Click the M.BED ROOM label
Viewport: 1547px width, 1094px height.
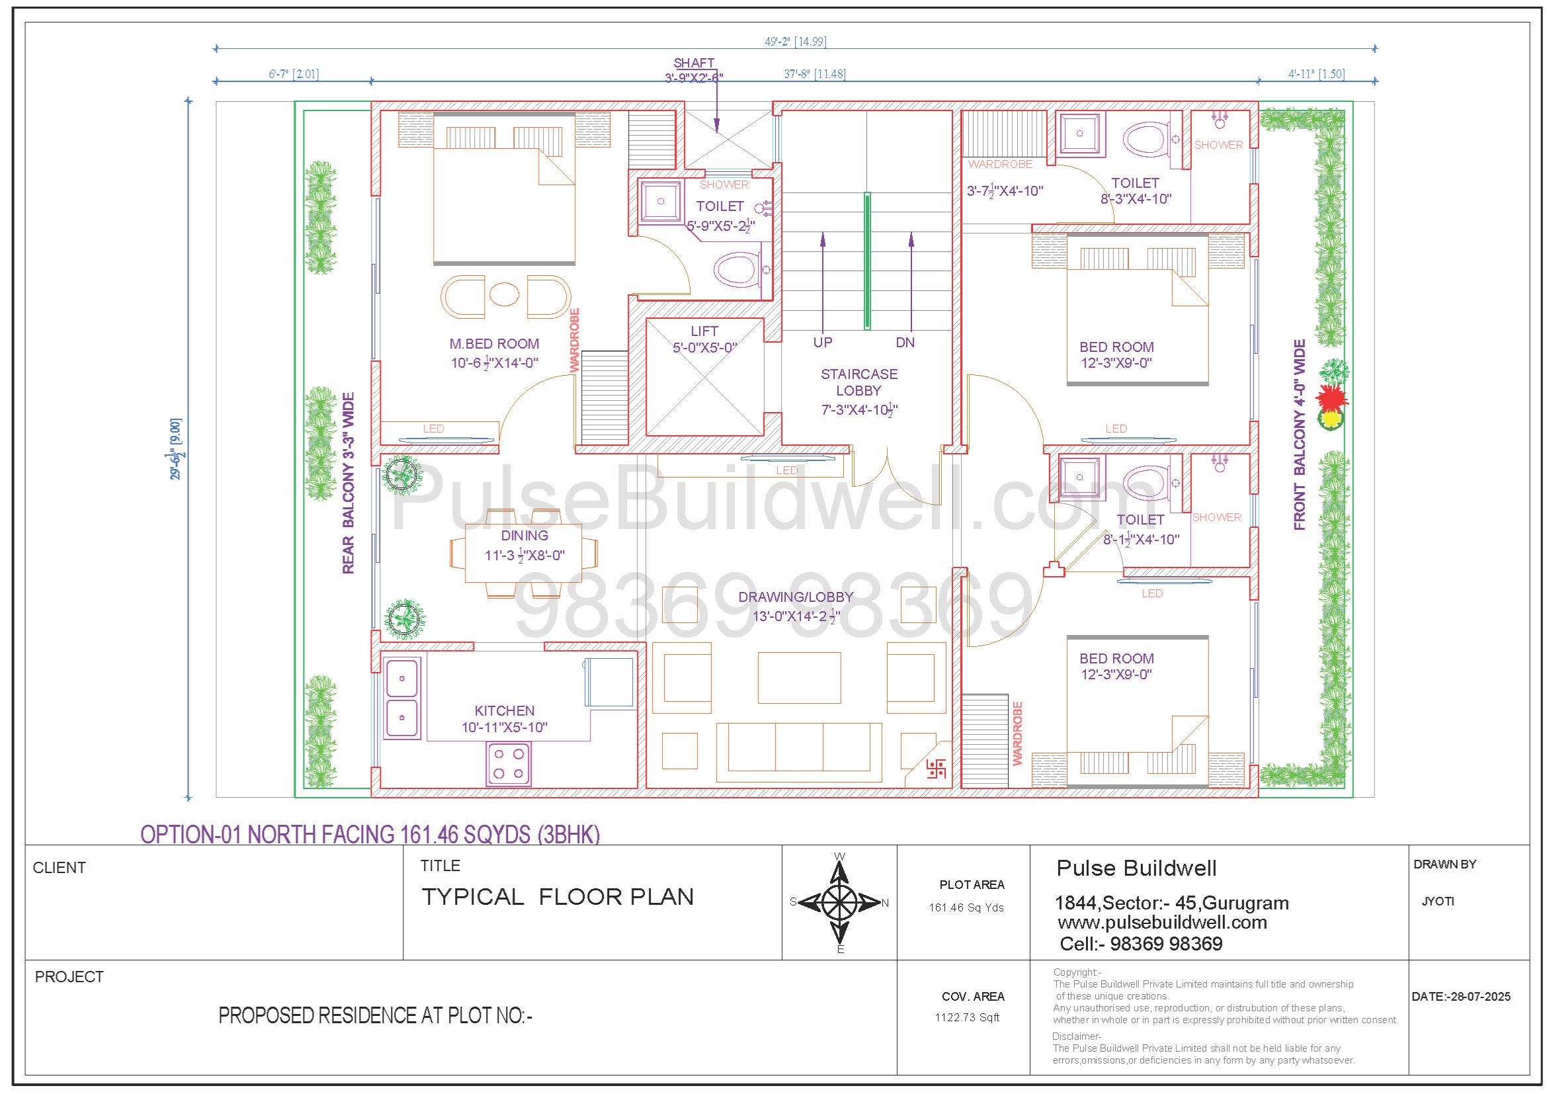(x=494, y=344)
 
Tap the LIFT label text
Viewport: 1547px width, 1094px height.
(x=704, y=331)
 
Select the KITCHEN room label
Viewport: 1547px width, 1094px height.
(x=504, y=710)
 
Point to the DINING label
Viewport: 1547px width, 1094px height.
(x=524, y=536)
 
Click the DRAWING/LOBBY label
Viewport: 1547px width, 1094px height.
(x=796, y=597)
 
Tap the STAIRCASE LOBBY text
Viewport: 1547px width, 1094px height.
(x=858, y=382)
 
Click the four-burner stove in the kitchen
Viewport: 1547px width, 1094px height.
(x=508, y=763)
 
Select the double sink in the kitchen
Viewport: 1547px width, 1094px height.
(x=401, y=698)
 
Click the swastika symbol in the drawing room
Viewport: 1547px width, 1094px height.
(x=936, y=769)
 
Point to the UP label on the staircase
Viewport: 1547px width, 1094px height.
(x=822, y=342)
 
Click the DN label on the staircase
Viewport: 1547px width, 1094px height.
(x=905, y=342)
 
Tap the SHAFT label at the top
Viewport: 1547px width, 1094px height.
(x=694, y=63)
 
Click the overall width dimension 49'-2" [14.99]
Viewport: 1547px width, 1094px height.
(x=795, y=42)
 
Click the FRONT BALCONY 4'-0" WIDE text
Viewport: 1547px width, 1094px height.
(x=1300, y=435)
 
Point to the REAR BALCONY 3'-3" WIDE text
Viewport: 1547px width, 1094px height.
(x=349, y=483)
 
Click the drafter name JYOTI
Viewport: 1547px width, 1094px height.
(x=1438, y=902)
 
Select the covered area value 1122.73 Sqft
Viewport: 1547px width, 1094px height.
(x=967, y=1017)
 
